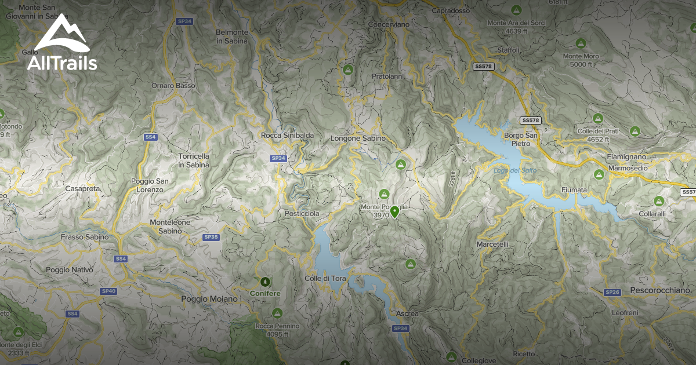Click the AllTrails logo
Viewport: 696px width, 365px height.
61,43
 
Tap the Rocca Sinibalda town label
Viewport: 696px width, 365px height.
288,136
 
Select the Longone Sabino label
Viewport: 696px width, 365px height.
358,138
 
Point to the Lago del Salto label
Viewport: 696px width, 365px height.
515,170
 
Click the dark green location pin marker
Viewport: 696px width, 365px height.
394,211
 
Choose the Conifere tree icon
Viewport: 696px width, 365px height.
265,282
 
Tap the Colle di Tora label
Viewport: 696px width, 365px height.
325,279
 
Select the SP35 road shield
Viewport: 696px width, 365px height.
211,237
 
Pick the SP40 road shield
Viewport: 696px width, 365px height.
108,291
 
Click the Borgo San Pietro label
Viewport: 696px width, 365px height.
521,139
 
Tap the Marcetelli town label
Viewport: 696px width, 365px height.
492,244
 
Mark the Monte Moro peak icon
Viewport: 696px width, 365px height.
580,43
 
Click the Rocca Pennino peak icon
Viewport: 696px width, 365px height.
277,313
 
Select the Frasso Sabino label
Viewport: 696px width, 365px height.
85,237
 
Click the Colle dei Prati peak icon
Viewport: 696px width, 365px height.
635,131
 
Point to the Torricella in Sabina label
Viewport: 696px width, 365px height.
194,160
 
